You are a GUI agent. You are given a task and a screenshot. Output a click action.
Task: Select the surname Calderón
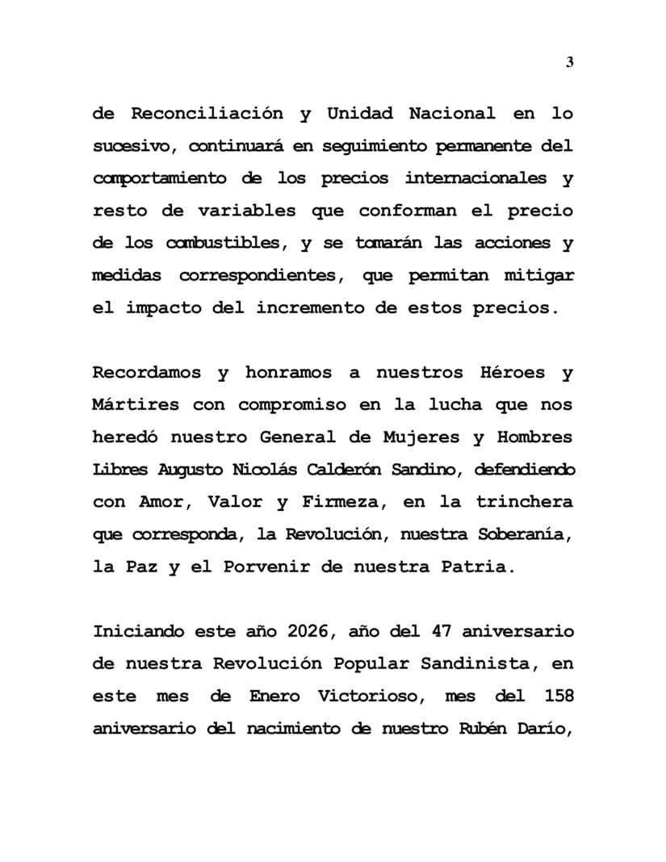(x=373, y=469)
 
